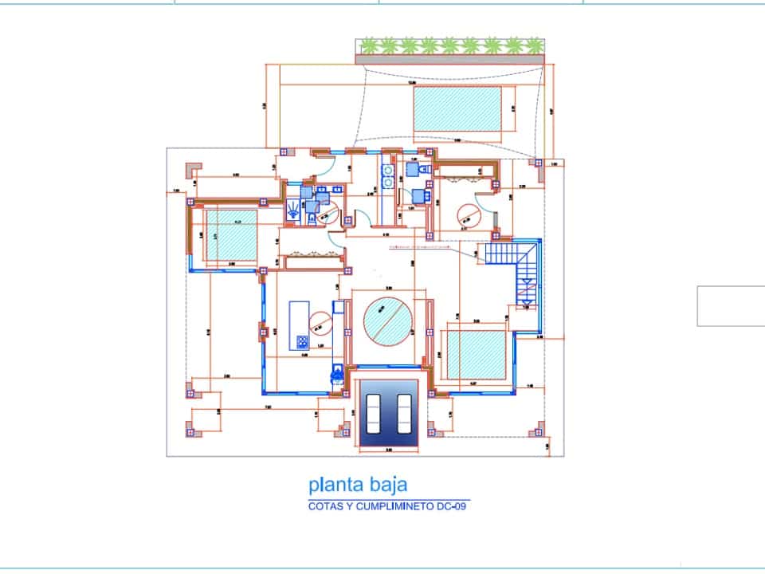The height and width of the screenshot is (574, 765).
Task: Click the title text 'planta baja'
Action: click(358, 484)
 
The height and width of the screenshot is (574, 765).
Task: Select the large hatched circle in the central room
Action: click(388, 320)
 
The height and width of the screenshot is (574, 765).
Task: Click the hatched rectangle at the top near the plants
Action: click(457, 111)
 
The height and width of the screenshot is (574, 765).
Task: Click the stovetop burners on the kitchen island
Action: click(303, 342)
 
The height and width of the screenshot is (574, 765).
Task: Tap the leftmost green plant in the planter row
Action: click(368, 45)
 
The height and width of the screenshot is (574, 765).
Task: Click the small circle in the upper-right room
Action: click(468, 214)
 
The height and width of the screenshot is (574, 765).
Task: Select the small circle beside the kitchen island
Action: click(323, 320)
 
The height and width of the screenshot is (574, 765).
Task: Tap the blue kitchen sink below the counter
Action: click(337, 371)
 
